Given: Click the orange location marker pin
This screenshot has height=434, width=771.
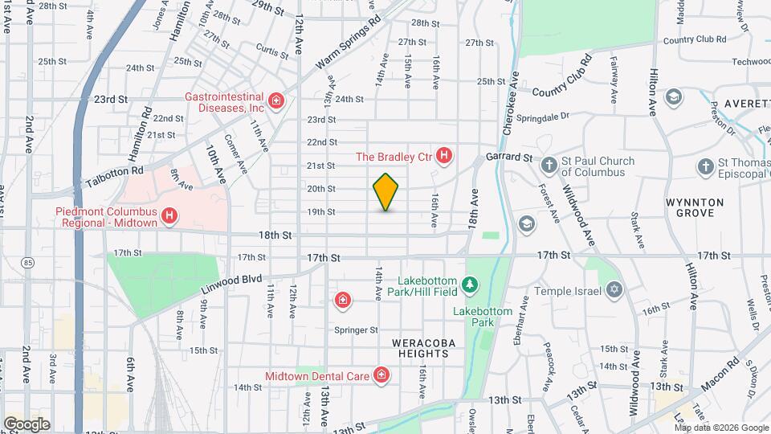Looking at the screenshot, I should [x=386, y=192].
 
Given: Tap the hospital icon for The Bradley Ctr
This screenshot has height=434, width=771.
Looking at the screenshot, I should [x=443, y=157].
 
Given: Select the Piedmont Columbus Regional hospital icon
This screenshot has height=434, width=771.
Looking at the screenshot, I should [x=169, y=215].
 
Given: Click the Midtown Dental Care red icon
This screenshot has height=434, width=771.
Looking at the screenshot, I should [x=381, y=375].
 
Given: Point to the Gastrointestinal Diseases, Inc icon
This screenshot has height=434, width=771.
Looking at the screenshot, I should [x=275, y=100].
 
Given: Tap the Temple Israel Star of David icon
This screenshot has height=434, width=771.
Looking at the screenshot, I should [x=615, y=289].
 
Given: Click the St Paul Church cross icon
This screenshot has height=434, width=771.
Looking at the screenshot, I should [x=549, y=166].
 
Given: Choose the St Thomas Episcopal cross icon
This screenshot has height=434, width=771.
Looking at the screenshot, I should [x=705, y=166].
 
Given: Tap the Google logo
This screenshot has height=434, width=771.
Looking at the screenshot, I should [x=27, y=424].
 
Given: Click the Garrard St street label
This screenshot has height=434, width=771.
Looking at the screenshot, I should [x=509, y=158].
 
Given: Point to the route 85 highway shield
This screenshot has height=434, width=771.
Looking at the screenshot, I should [x=30, y=262].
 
